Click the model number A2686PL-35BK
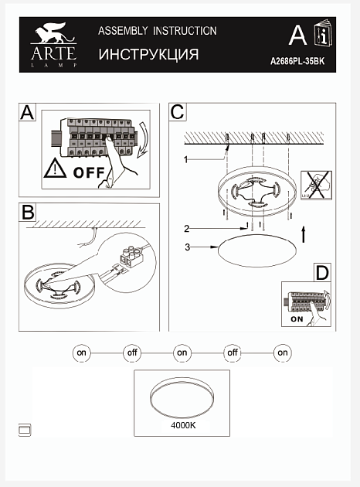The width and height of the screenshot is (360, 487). (297, 61)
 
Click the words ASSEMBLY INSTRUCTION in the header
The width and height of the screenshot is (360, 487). (158, 31)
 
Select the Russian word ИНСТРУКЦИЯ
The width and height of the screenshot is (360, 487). (148, 54)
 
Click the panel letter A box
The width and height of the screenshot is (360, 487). (27, 112)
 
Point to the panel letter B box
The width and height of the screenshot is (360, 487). (28, 213)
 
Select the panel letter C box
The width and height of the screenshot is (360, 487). (178, 112)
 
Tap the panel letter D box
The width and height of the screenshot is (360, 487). (322, 273)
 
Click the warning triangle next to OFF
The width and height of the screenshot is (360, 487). (55, 169)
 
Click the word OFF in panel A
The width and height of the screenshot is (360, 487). (89, 172)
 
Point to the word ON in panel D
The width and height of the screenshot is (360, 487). (297, 319)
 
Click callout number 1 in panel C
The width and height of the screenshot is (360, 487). (185, 160)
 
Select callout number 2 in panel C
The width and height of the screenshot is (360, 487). (186, 229)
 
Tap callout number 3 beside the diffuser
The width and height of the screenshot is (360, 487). (187, 247)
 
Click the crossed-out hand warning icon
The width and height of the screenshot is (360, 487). (316, 185)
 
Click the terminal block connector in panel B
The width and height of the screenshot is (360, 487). (132, 257)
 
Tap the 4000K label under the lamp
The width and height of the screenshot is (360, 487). (183, 425)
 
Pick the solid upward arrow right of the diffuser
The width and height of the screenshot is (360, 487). (304, 234)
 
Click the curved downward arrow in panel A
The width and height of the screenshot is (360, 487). (143, 139)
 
